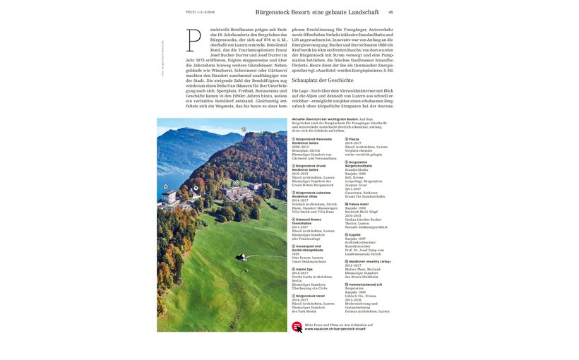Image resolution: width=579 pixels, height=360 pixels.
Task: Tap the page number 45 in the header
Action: point(390,12)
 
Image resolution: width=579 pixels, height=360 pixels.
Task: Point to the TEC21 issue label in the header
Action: point(199,12)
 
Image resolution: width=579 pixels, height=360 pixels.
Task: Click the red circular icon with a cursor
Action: point(297,326)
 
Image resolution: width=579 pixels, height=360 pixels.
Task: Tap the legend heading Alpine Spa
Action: point(304,269)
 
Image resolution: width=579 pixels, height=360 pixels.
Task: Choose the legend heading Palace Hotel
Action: point(358,204)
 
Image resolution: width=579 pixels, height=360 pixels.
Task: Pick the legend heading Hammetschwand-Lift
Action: point(366,284)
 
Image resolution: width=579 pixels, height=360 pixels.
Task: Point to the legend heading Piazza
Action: point(354,139)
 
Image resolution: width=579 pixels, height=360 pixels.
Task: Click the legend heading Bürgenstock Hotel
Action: point(315,296)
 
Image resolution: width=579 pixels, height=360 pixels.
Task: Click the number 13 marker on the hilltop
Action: point(243,130)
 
